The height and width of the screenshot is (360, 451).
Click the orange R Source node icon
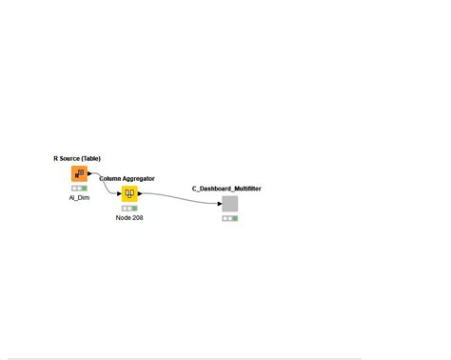[79, 173]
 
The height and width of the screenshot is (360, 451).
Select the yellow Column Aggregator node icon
[129, 193]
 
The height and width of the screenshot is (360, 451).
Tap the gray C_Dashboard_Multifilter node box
[229, 204]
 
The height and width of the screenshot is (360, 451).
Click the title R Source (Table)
[77, 158]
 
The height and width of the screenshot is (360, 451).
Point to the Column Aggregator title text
[127, 178]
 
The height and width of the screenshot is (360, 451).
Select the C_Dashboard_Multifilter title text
[226, 189]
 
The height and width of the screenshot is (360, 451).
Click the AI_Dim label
[79, 197]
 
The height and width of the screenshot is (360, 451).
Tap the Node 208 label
[129, 218]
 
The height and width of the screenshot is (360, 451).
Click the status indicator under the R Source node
[79, 188]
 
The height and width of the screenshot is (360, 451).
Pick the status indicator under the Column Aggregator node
[129, 208]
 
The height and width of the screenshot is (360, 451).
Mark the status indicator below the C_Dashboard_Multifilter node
[229, 218]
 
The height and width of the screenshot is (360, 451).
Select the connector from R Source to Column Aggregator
[104, 181]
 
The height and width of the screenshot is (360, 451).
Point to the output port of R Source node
[89, 173]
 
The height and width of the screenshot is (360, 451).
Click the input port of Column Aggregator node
[120, 193]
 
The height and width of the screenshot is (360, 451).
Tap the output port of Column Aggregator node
[140, 193]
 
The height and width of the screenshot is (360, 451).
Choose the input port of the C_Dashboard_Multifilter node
[220, 204]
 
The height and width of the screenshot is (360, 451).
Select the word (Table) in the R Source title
[90, 158]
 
